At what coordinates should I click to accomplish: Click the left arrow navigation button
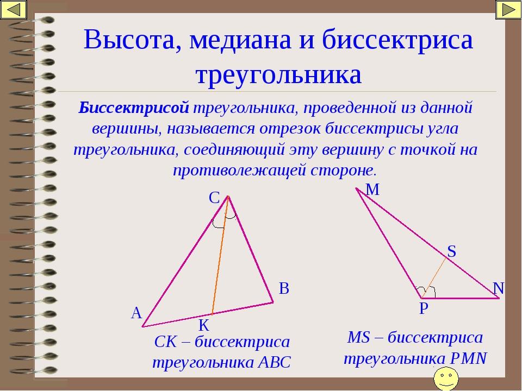coord(13,10)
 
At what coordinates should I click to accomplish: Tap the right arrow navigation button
coord(508,10)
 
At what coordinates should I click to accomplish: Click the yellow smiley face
coord(446,379)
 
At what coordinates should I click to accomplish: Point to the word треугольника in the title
coord(278,75)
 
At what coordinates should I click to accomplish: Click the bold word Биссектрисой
coord(134,108)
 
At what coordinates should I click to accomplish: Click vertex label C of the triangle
coord(214,198)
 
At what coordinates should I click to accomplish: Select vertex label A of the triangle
coord(136,313)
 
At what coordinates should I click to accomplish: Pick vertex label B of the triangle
coord(284,288)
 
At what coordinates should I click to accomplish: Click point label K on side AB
coord(204,325)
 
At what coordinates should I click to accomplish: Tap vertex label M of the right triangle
coord(372,190)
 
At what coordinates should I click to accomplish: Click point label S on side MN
coord(451,251)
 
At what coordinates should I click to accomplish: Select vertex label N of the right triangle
coord(499,288)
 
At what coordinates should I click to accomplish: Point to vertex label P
coord(424,308)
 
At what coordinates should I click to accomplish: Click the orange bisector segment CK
coord(220,255)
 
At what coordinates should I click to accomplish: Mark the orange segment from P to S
coord(434,278)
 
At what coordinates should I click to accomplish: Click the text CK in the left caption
coord(165,342)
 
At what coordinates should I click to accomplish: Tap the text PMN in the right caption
coord(468,358)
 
